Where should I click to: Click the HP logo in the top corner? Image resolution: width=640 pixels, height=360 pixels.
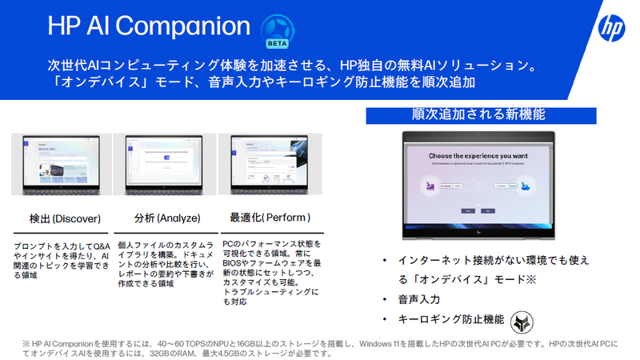tap(611, 29)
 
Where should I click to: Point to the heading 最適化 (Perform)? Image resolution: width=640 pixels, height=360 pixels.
tap(270, 218)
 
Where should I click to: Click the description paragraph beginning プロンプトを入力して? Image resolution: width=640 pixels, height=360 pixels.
tap(61, 260)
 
